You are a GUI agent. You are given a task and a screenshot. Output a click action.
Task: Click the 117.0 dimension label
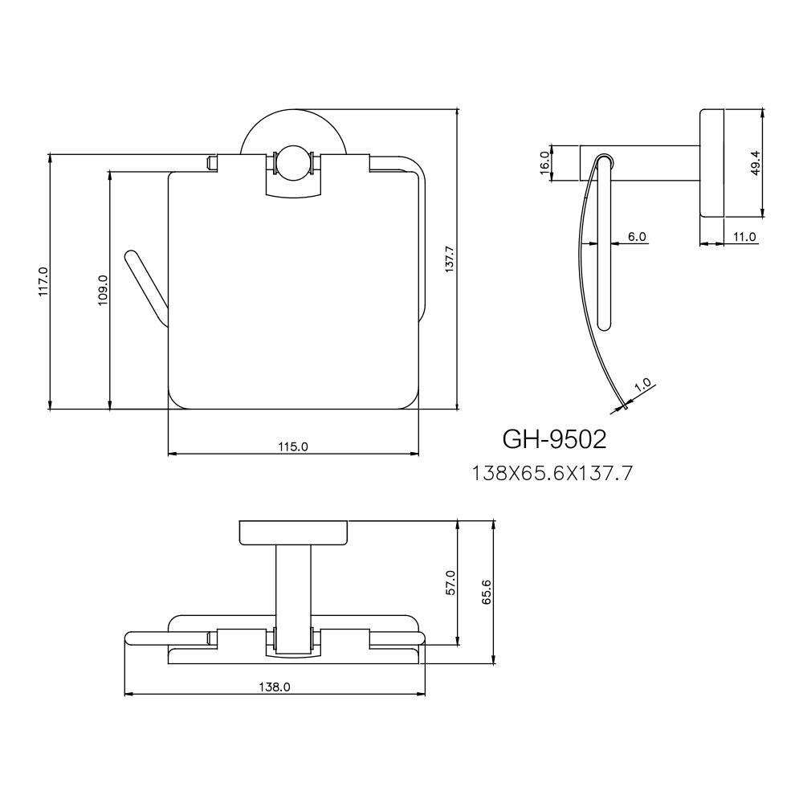43,282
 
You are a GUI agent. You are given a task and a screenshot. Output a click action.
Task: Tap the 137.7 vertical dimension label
450,260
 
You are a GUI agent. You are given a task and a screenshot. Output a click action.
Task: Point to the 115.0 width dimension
293,446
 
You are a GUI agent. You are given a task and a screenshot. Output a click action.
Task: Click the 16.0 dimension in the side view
544,163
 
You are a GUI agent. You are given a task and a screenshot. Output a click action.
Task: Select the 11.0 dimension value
744,236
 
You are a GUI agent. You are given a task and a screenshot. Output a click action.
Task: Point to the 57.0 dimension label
450,582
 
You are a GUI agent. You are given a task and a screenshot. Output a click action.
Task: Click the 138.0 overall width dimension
275,687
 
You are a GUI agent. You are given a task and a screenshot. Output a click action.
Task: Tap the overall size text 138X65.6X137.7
553,474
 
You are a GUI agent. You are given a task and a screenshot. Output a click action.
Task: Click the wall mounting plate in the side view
713,164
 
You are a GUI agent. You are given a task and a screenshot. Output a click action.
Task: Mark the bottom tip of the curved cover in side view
623,408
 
